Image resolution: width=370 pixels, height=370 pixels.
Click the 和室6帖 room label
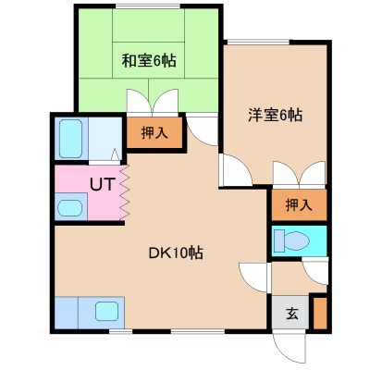point(149,61)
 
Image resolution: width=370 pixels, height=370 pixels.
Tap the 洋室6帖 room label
point(275,115)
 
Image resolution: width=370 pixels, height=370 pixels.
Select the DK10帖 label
point(176,253)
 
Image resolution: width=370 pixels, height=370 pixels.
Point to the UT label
point(103,184)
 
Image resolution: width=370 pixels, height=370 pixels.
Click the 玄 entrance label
point(291,314)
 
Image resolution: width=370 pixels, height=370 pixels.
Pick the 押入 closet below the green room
point(154,132)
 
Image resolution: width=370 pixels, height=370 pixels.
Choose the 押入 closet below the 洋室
point(299,205)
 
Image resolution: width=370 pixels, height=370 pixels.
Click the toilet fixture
point(291,240)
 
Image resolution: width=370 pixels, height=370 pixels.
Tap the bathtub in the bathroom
point(70,139)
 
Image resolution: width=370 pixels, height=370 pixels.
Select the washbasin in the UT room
point(70,208)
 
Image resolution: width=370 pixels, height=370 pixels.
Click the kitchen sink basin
point(106,311)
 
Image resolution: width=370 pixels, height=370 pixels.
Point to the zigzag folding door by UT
point(124,192)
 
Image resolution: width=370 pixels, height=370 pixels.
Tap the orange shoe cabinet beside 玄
point(320,314)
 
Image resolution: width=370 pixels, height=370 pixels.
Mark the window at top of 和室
point(148,6)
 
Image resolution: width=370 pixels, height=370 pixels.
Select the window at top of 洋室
point(258,42)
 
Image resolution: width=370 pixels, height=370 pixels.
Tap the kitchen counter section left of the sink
point(67,313)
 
